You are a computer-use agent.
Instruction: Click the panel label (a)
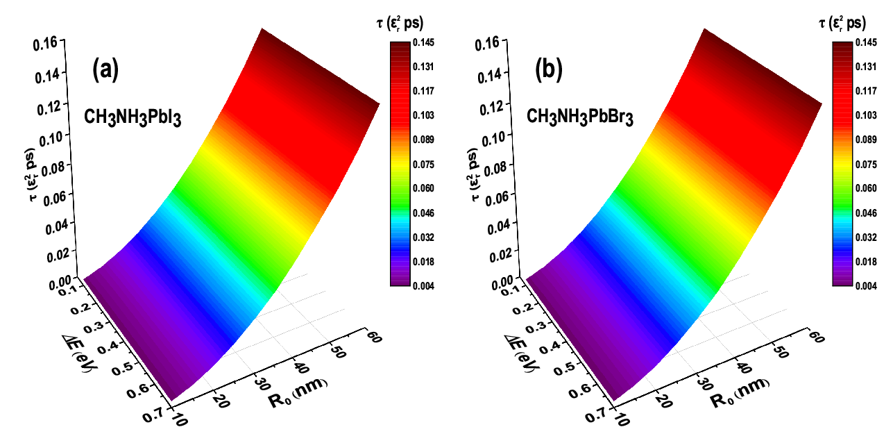click(x=105, y=69)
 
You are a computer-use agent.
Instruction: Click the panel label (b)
click(x=549, y=69)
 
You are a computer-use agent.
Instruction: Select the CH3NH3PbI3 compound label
click(x=133, y=118)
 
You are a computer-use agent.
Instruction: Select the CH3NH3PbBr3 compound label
click(x=579, y=117)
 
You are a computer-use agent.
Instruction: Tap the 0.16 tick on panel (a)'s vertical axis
click(x=45, y=44)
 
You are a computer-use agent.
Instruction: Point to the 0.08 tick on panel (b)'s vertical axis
click(x=495, y=167)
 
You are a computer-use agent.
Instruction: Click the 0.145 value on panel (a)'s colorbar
click(x=423, y=42)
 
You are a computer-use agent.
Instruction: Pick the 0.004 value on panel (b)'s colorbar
click(x=866, y=286)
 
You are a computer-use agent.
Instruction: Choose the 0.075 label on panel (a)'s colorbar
click(x=423, y=165)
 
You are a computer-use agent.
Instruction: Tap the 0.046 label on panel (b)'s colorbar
click(x=866, y=213)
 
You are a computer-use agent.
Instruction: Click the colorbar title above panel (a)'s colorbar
click(x=400, y=23)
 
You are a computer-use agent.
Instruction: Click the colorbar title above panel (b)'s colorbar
click(x=842, y=23)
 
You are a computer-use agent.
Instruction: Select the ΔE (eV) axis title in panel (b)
click(x=522, y=353)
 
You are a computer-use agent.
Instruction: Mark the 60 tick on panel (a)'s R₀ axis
click(x=373, y=337)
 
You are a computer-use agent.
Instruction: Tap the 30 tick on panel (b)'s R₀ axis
click(x=705, y=384)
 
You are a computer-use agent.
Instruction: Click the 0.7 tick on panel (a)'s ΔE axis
click(x=153, y=415)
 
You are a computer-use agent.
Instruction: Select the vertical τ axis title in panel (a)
click(x=32, y=175)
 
